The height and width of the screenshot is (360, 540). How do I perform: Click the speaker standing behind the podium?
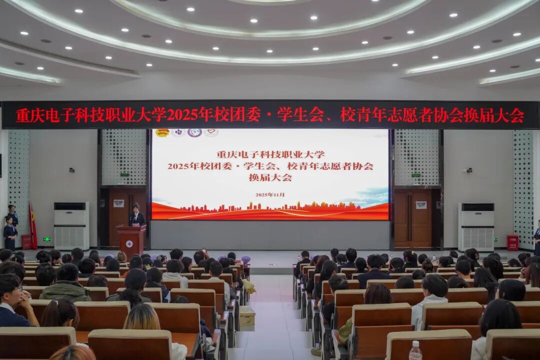tap(136, 216)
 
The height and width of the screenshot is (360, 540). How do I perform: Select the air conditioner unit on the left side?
tap(71, 225)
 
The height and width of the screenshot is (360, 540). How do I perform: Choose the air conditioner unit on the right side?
tap(476, 226)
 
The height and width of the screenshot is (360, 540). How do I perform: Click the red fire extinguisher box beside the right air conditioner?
tap(512, 242)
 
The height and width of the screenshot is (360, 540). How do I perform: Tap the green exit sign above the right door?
tap(415, 175)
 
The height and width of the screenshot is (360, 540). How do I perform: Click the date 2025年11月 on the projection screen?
tap(270, 194)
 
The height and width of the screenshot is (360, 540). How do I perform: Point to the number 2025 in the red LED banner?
tap(182, 115)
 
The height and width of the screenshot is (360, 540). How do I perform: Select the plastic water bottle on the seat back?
tap(415, 351)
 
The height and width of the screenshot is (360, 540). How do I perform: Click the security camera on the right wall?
tap(468, 170)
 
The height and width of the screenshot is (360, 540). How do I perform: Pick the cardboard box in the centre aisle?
tap(247, 316)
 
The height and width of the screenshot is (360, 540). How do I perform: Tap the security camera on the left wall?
tap(71, 170)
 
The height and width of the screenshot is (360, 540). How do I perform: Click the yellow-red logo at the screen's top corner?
tap(161, 133)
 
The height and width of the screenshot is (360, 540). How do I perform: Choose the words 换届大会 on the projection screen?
tap(270, 177)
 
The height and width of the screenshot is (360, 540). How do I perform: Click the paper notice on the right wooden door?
tap(421, 205)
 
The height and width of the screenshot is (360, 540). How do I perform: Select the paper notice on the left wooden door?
tap(118, 203)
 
